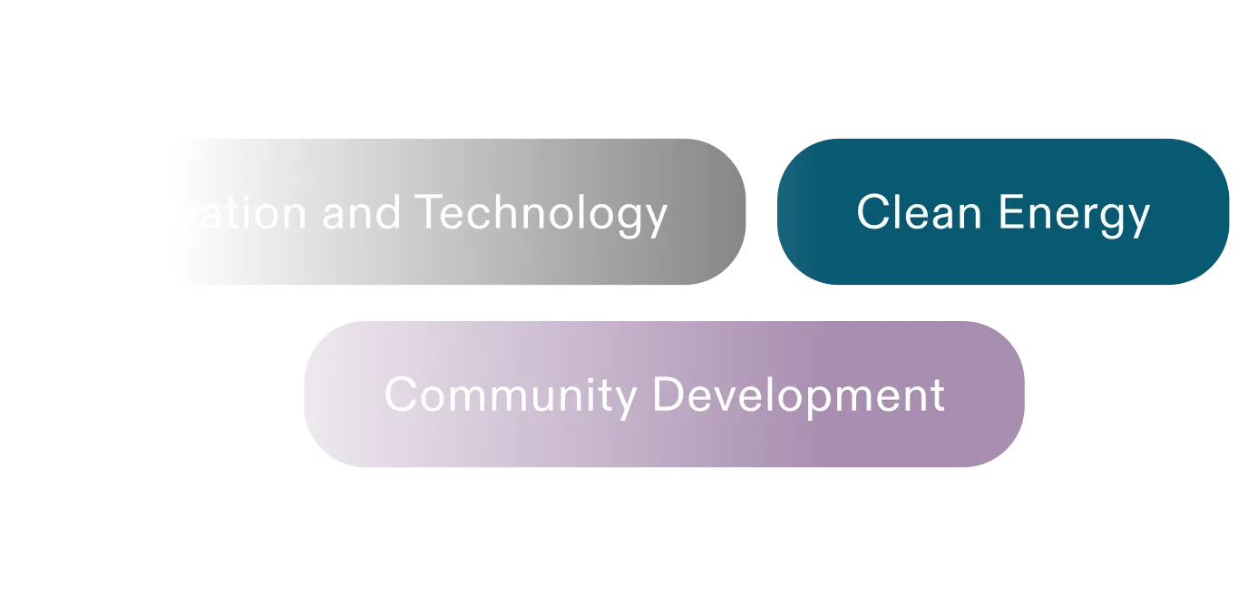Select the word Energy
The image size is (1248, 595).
click(x=1075, y=214)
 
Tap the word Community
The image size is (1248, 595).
click(x=510, y=395)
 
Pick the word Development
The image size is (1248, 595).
click(x=798, y=395)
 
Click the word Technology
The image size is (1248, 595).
click(x=541, y=214)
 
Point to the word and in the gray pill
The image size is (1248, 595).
click(x=361, y=212)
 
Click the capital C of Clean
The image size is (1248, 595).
click(x=872, y=212)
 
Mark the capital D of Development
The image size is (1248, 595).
click(x=668, y=395)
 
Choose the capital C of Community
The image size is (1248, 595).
click(x=399, y=395)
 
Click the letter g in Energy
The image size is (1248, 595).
click(x=1109, y=218)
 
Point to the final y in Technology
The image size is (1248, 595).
click(x=656, y=219)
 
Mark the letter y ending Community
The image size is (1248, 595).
click(x=626, y=400)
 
